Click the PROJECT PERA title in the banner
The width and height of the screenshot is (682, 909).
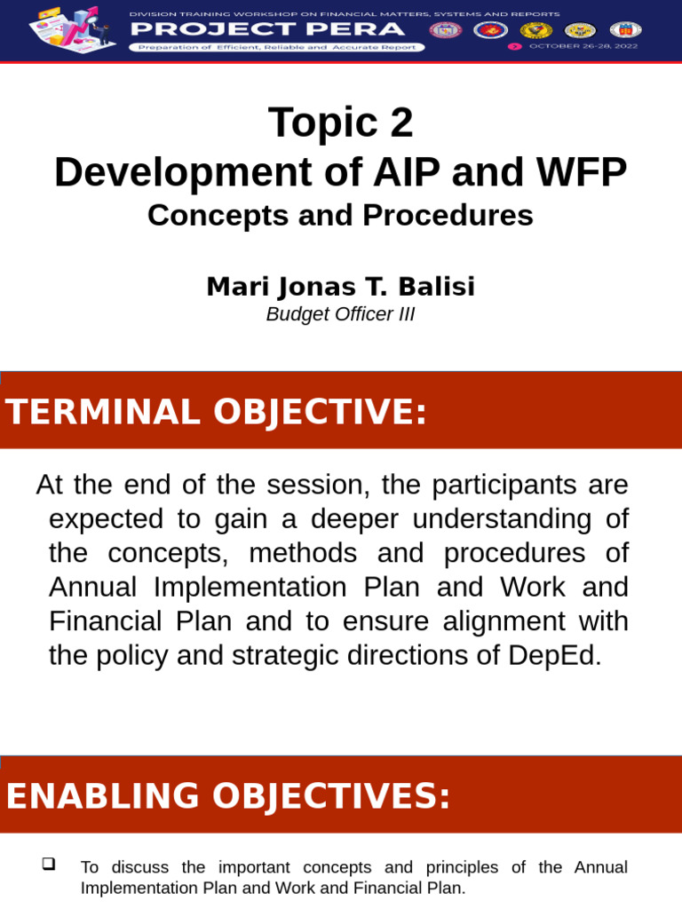(267, 29)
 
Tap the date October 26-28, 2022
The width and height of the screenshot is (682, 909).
(583, 46)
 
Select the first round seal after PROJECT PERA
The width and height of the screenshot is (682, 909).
(444, 30)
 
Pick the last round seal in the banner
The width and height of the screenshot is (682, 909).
(626, 30)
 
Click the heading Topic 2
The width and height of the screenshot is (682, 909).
(340, 123)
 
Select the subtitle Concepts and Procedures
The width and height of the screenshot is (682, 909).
(340, 216)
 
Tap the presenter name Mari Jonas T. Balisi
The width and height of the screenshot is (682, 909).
(340, 287)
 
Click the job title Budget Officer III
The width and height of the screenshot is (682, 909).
(340, 315)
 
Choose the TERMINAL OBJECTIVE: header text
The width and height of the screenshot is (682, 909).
(216, 412)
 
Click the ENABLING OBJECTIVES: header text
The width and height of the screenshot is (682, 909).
(228, 796)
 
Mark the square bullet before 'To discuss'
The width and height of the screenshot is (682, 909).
(49, 864)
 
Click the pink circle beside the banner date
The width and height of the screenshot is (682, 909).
(514, 46)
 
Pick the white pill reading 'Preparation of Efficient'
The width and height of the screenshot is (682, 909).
(276, 47)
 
